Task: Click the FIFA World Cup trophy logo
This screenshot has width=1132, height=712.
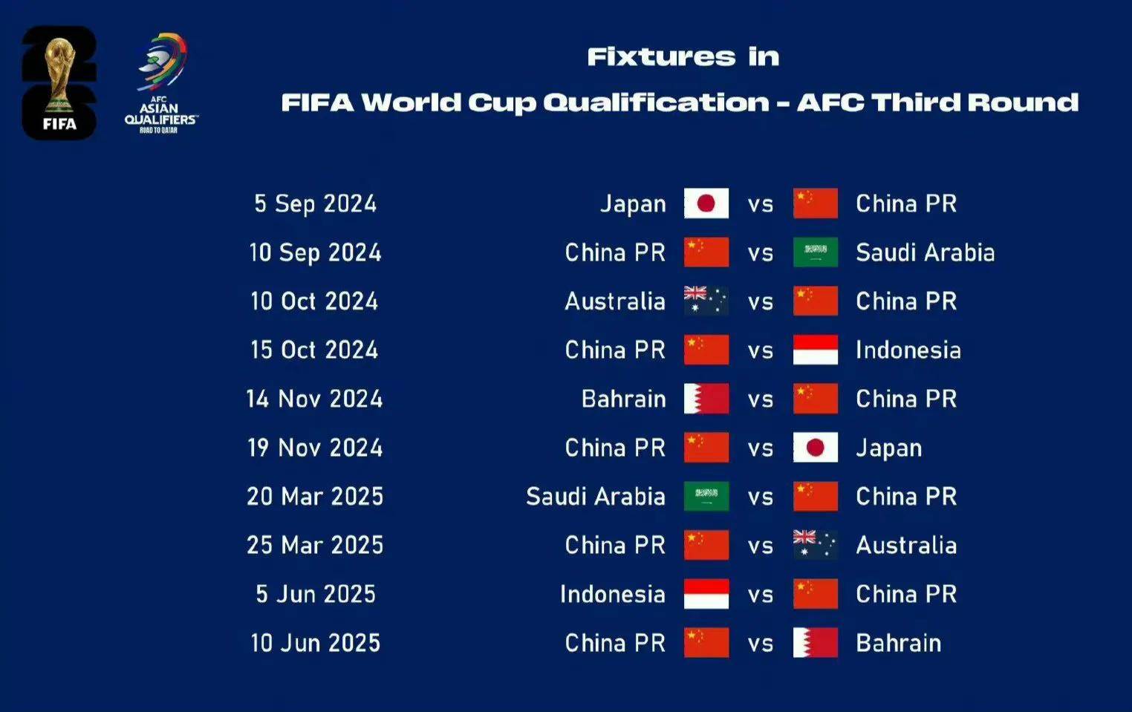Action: point(59,83)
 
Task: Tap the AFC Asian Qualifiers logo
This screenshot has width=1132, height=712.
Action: point(161,83)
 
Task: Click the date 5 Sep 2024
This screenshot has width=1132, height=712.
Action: point(316,204)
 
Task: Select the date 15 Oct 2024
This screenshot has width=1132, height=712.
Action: point(314,350)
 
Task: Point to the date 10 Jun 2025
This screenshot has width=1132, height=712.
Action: point(316,643)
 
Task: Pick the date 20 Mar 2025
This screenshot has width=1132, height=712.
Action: point(316,497)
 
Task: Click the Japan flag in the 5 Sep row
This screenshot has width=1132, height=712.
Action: point(706,203)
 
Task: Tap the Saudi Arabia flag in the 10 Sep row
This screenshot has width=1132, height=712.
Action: point(815,252)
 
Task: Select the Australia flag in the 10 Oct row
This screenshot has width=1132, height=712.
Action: point(706,301)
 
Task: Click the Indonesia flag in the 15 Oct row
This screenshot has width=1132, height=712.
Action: point(815,350)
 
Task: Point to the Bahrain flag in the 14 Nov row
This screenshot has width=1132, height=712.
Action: point(706,399)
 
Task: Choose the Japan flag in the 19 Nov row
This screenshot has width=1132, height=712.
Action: point(815,448)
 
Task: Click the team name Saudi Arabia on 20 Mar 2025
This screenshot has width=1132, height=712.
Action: point(596,497)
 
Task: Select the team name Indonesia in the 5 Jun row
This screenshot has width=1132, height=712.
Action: point(613,594)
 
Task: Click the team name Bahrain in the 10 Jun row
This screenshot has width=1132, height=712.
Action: point(899,643)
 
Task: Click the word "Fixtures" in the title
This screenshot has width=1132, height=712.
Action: point(662,56)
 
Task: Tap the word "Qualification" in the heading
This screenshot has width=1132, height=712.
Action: point(657,103)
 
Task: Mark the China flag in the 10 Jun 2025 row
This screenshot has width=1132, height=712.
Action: point(706,642)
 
